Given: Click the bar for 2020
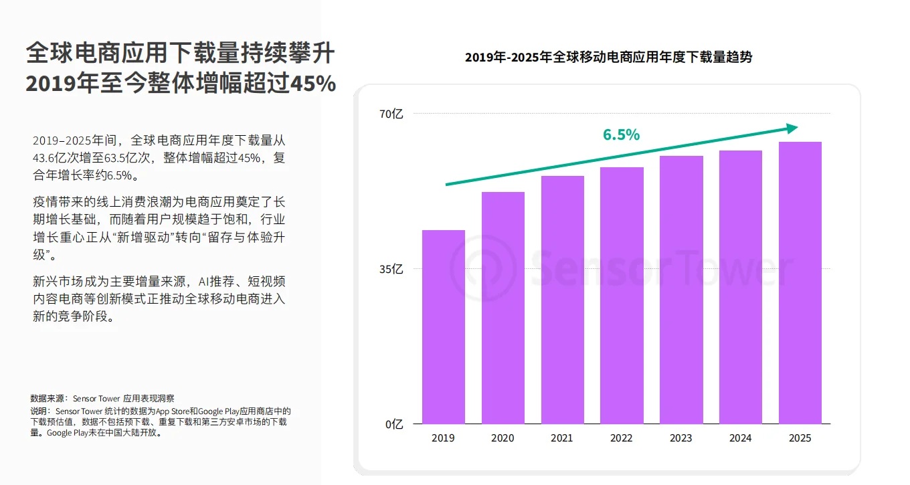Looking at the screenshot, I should tap(503, 308).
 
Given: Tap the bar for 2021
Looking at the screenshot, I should tap(562, 300).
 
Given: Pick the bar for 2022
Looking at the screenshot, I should tap(622, 295).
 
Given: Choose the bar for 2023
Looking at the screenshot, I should tap(681, 290).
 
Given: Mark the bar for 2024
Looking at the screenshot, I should tap(741, 287).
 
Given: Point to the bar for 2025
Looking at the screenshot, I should tap(800, 282).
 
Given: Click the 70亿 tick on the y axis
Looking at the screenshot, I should tap(391, 114).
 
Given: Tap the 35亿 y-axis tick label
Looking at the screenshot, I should tap(391, 270).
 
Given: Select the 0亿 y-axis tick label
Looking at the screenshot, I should tap(394, 424).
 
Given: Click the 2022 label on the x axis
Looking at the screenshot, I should tap(622, 438).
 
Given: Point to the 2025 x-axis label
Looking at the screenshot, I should tap(800, 438).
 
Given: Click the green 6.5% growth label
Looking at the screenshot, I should tap(621, 134).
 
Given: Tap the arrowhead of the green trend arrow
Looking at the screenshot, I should tap(792, 128).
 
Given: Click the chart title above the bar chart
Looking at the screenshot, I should tap(608, 58).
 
